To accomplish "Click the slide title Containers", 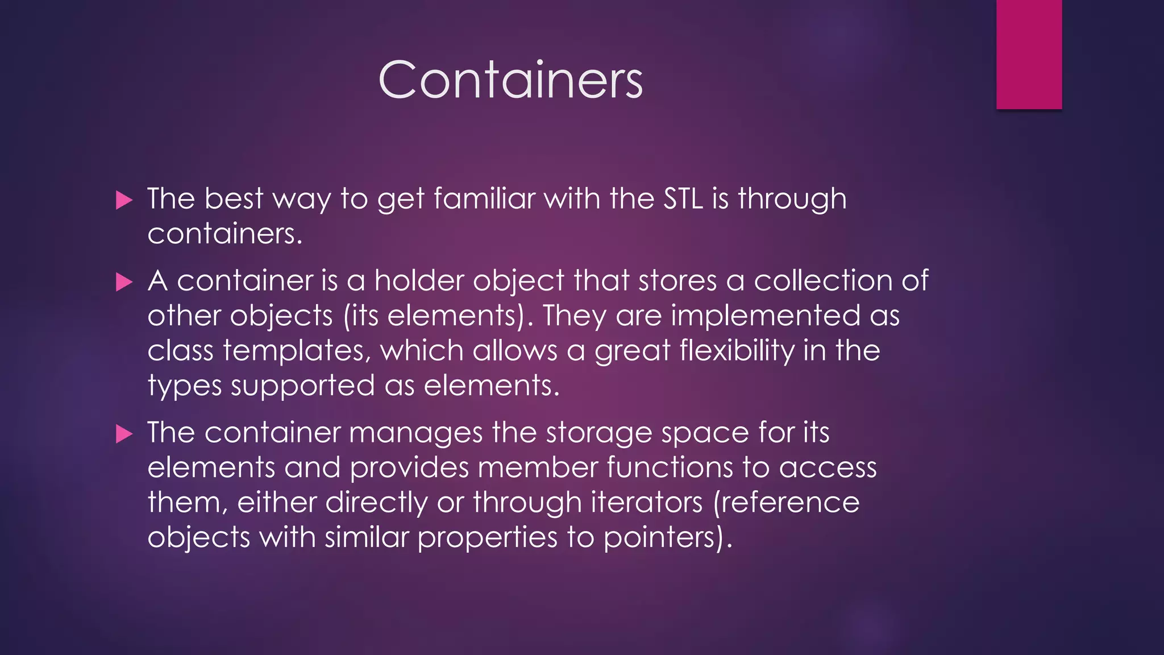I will click(x=510, y=80).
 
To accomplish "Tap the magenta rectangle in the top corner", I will click(x=1029, y=54).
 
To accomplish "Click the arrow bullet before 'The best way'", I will click(x=124, y=200).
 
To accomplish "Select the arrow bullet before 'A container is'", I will click(x=124, y=282).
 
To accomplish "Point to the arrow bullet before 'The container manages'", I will click(x=124, y=434).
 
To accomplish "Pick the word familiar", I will click(x=484, y=199).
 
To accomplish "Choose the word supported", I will click(x=302, y=387).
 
